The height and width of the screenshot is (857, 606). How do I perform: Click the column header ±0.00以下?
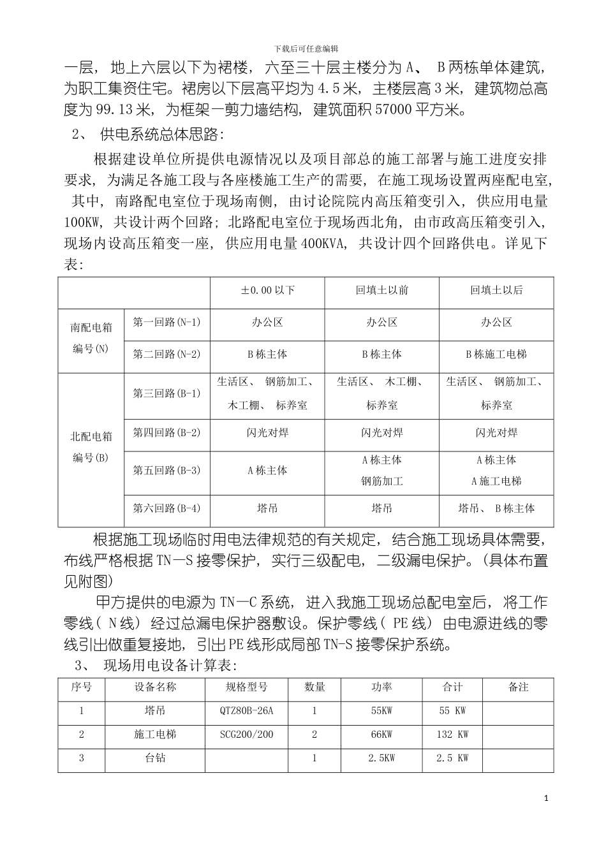[267, 291]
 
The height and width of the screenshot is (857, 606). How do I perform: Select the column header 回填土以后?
[496, 291]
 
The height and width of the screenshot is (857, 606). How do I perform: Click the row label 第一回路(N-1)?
[166, 322]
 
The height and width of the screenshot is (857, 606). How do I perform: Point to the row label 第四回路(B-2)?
[166, 432]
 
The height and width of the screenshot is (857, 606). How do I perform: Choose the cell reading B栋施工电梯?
[496, 354]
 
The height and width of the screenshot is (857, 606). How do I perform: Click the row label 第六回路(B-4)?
[166, 508]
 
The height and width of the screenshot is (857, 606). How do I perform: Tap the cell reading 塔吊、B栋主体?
[496, 508]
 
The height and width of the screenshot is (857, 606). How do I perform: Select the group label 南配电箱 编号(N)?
[91, 338]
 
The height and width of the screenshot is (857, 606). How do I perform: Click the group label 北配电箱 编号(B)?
[91, 448]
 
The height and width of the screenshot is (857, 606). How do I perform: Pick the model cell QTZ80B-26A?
[246, 710]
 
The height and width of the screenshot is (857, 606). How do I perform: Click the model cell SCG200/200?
[246, 735]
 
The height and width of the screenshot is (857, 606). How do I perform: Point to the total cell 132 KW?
[452, 735]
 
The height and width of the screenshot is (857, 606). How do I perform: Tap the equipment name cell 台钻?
[154, 758]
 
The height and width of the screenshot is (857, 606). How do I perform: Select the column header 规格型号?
[246, 687]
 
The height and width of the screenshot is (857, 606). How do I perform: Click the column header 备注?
[518, 687]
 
